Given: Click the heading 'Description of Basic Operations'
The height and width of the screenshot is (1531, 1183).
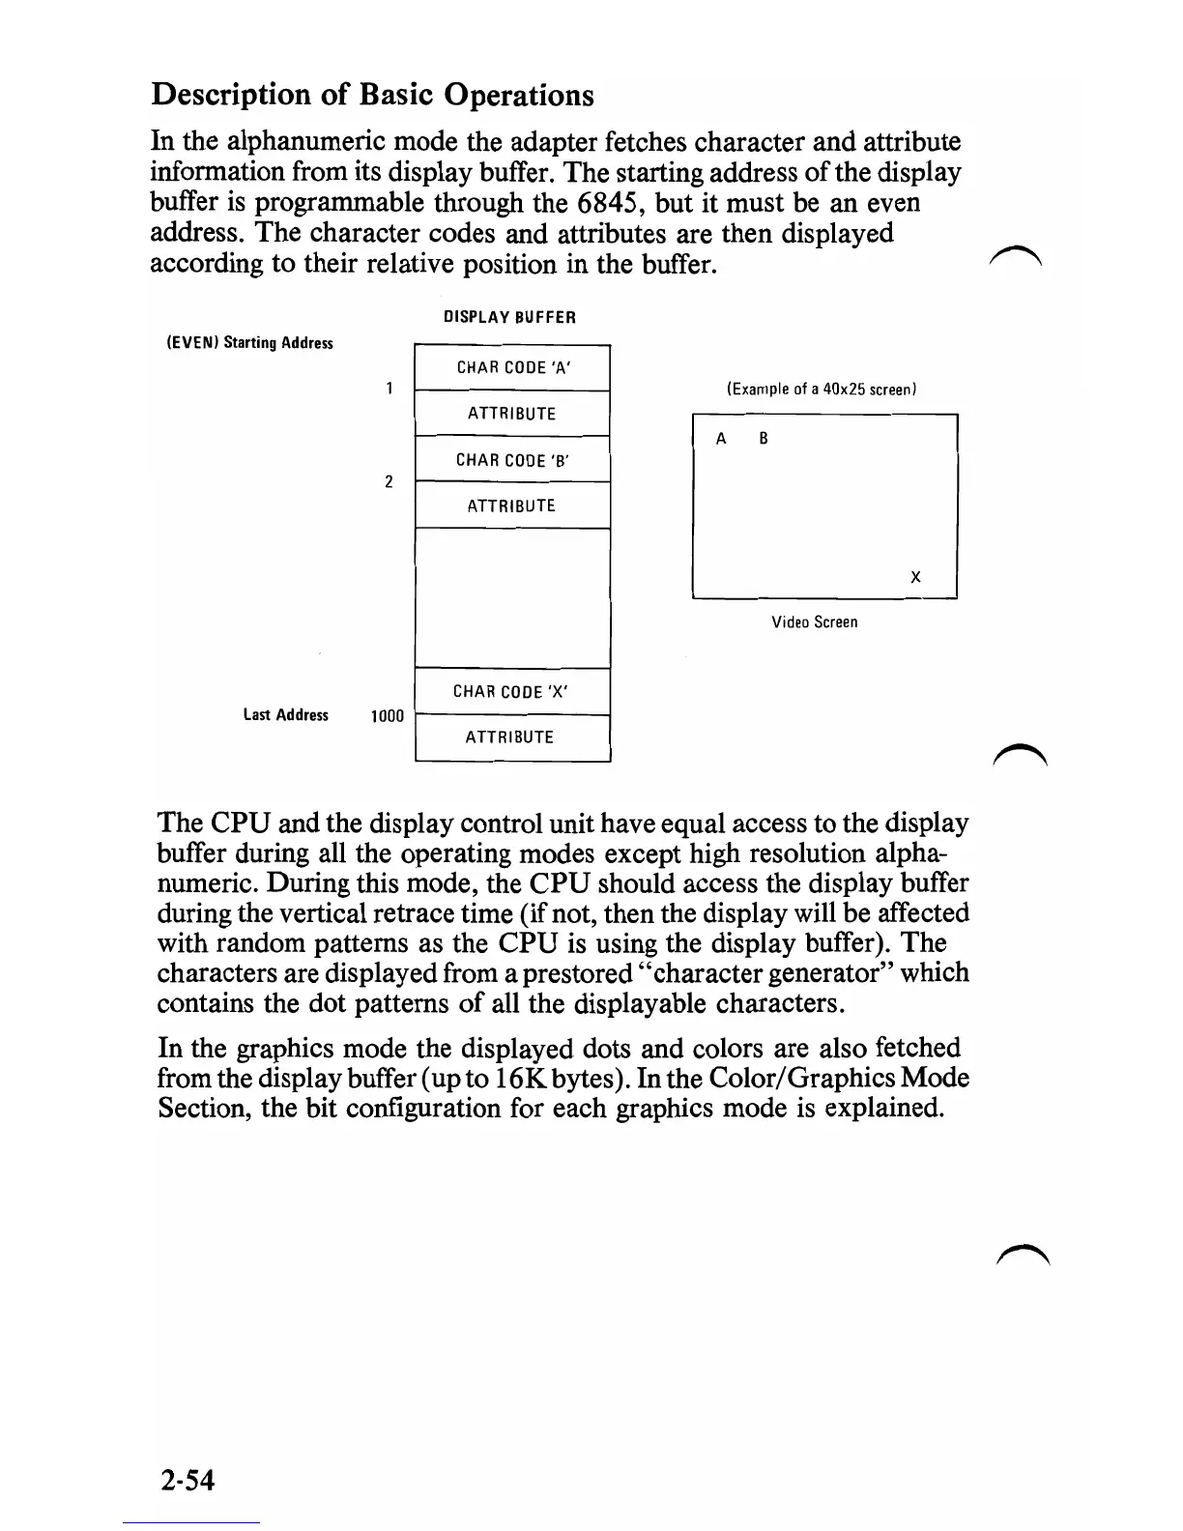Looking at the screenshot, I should (372, 95).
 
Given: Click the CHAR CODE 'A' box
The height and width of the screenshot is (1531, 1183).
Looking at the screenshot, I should (512, 367).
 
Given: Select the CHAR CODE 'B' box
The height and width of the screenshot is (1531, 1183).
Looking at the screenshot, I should (512, 460).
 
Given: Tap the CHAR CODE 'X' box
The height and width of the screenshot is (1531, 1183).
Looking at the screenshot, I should (511, 691).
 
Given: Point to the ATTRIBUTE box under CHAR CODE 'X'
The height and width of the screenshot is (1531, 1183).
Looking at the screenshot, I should (511, 737).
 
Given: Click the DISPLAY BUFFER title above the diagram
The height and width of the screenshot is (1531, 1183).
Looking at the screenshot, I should (509, 317).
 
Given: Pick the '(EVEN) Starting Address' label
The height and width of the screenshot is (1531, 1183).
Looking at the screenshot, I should (249, 343).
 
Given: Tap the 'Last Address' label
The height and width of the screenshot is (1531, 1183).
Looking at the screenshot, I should (285, 715).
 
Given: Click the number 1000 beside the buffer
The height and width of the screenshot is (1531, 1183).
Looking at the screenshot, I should (388, 716).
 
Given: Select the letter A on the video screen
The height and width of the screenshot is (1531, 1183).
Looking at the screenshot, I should (721, 439).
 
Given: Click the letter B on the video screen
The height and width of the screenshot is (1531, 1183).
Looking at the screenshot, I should (764, 439).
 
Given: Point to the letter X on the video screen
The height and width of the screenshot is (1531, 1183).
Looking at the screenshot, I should (915, 577).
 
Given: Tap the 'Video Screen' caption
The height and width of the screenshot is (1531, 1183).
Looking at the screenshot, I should (814, 622).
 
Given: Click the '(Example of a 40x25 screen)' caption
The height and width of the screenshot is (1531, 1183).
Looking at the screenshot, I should (821, 390).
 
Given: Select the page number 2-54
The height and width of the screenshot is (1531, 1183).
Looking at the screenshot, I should (188, 1480).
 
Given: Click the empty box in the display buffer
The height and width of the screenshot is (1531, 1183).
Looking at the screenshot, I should (512, 597).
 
